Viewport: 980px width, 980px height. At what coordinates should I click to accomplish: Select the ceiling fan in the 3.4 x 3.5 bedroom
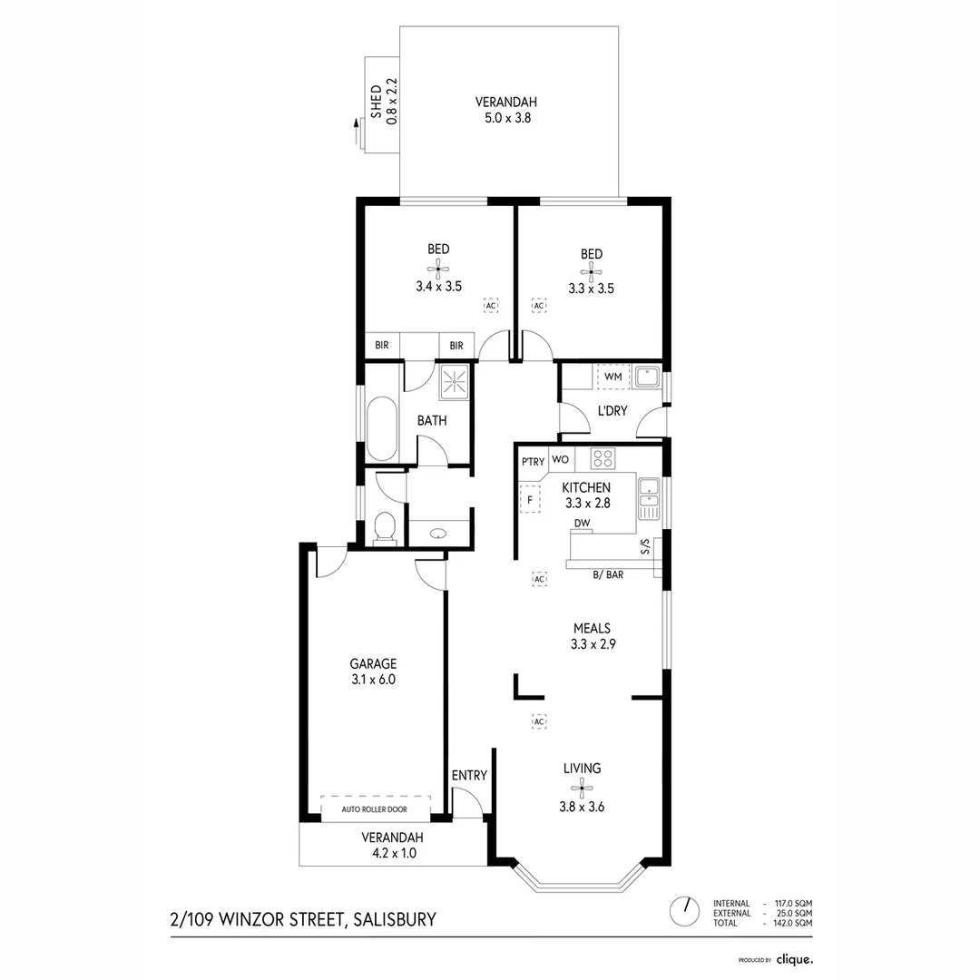pyautogui.click(x=438, y=268)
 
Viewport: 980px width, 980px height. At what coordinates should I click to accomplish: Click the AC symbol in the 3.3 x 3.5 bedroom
pyautogui.click(x=538, y=306)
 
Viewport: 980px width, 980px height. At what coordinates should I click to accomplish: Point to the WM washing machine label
pyautogui.click(x=612, y=376)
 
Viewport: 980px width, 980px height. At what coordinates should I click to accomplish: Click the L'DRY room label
pyautogui.click(x=612, y=410)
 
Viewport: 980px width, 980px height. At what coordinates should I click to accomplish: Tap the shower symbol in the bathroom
pyautogui.click(x=456, y=382)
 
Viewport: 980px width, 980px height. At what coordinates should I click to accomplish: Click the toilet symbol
pyautogui.click(x=385, y=528)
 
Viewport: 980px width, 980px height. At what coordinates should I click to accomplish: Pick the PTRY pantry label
pyautogui.click(x=532, y=461)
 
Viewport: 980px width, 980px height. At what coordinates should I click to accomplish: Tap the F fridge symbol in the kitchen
pyautogui.click(x=529, y=500)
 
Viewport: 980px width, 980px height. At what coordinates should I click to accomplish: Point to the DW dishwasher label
pyautogui.click(x=583, y=524)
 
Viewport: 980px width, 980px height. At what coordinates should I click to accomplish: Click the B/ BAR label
pyautogui.click(x=608, y=574)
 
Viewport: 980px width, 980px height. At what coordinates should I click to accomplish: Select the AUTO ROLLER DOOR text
pyautogui.click(x=374, y=809)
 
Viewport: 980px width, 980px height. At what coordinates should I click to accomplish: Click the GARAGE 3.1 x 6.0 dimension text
pyautogui.click(x=374, y=679)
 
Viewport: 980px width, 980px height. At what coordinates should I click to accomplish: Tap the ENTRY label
pyautogui.click(x=469, y=775)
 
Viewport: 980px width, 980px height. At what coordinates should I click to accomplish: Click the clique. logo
pyautogui.click(x=793, y=958)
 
